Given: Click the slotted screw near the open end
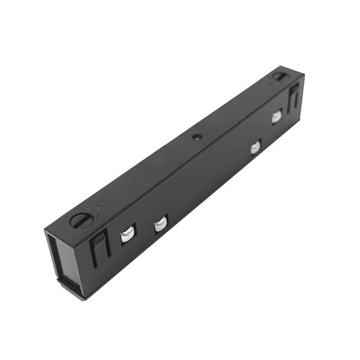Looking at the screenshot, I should (x=81, y=220).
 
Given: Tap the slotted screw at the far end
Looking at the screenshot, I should (x=280, y=76).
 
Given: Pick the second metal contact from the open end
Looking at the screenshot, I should (x=160, y=224).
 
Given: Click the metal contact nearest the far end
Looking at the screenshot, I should (x=277, y=117).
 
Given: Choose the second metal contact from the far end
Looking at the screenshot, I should (x=255, y=148).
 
